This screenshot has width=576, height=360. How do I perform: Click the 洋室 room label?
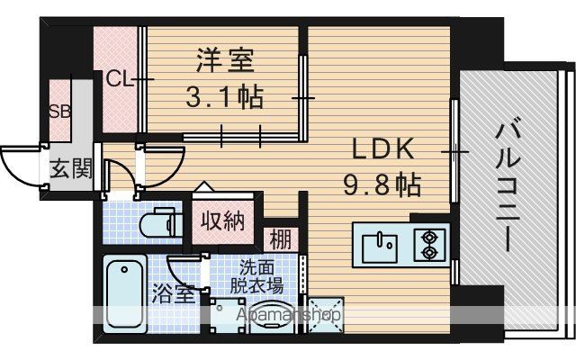(225, 60)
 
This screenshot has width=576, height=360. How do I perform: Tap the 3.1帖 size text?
(225, 97)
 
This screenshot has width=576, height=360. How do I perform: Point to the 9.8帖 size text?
(382, 184)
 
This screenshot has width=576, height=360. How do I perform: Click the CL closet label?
(119, 79)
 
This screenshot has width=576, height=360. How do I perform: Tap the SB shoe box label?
(60, 112)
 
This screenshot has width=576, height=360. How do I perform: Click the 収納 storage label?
(222, 221)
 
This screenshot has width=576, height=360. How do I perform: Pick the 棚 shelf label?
(281, 239)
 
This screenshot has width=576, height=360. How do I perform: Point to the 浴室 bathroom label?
(173, 293)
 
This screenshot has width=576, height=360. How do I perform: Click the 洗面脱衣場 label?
(256, 277)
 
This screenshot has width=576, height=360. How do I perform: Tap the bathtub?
(125, 294)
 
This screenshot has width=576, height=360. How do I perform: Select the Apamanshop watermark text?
(288, 315)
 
